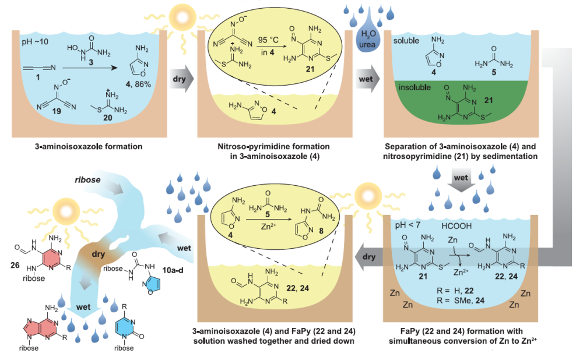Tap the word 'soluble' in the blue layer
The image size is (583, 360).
pyautogui.click(x=409, y=42)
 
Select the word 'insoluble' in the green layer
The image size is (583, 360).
pyautogui.click(x=414, y=87)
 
